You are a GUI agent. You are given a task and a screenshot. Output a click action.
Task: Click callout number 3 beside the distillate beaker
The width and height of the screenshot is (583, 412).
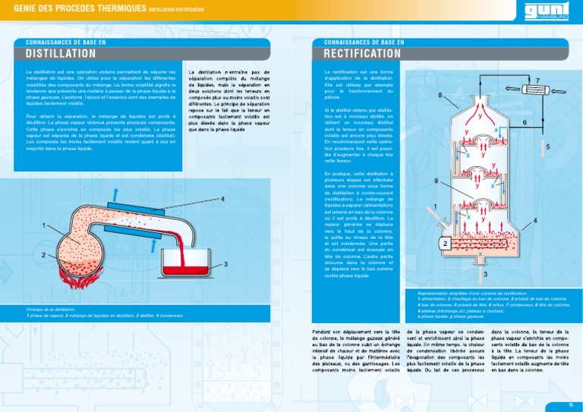(x=226, y=263)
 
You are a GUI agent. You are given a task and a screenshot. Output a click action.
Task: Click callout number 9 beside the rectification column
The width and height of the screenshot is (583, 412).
(x=436, y=181)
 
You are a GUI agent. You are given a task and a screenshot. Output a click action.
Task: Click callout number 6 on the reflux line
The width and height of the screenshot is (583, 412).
(x=525, y=122)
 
